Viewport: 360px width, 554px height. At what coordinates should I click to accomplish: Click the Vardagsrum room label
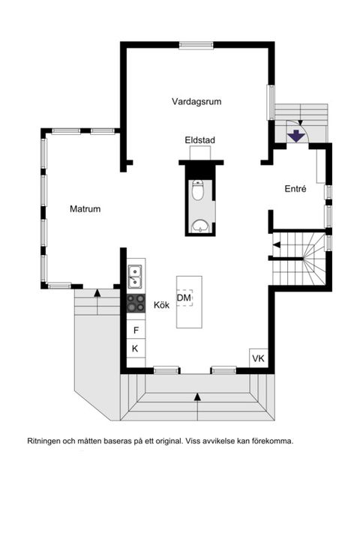(x=196, y=101)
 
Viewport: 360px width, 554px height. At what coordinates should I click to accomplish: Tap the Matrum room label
(x=85, y=209)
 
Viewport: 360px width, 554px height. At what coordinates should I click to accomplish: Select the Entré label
(x=295, y=190)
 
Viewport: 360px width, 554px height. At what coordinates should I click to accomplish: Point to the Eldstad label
(x=199, y=141)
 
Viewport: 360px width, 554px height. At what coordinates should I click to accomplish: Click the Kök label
(x=161, y=306)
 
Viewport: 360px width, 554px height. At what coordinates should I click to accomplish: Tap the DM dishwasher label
(x=184, y=298)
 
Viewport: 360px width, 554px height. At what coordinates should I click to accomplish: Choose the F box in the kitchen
(x=136, y=330)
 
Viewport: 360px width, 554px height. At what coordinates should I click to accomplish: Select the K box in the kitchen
(x=136, y=349)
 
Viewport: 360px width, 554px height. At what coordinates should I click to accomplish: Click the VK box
(x=259, y=359)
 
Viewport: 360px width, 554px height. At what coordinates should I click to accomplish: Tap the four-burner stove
(x=136, y=302)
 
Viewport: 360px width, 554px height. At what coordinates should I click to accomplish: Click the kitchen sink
(x=135, y=276)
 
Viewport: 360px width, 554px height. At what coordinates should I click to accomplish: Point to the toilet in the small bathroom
(x=198, y=192)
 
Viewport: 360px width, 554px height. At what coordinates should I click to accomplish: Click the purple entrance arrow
(x=298, y=135)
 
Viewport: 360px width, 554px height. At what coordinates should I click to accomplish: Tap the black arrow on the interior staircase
(x=276, y=244)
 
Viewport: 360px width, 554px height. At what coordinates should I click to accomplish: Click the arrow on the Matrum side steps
(x=97, y=292)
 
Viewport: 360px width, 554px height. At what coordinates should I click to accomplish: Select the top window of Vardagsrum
(x=197, y=45)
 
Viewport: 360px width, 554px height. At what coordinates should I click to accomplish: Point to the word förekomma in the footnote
(x=271, y=441)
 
